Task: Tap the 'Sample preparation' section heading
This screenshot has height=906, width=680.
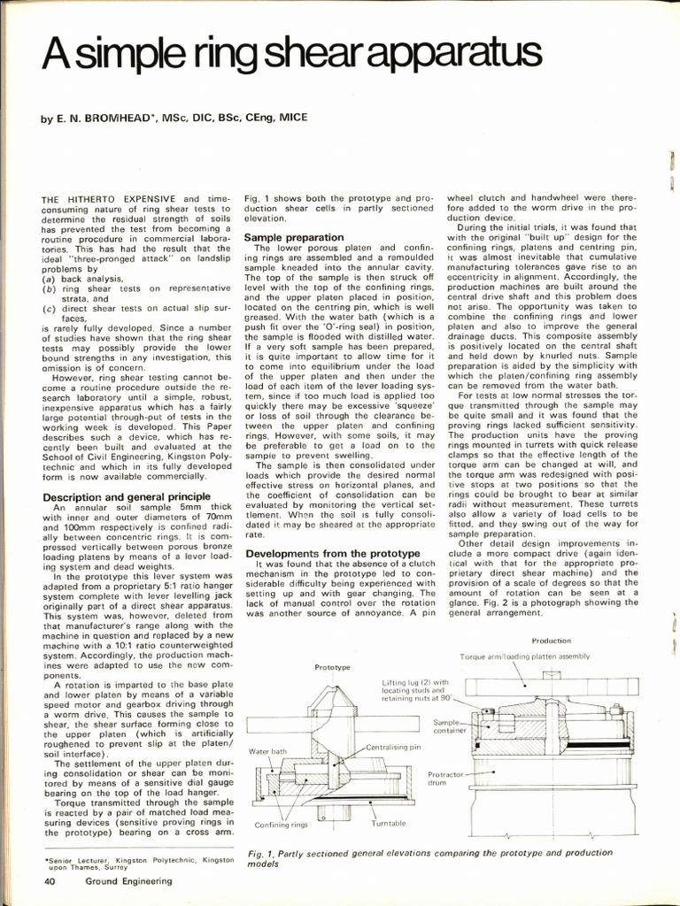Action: point(293,238)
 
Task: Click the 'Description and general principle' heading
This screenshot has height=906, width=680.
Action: point(127,497)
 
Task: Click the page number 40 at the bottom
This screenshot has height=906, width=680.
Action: point(51,880)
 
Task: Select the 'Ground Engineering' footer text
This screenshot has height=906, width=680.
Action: point(129,880)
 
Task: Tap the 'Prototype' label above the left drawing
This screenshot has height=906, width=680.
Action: point(333,666)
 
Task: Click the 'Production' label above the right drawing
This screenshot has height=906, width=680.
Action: point(551,640)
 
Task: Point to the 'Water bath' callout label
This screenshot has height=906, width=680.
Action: point(267,751)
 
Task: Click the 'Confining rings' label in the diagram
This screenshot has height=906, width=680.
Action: point(281,825)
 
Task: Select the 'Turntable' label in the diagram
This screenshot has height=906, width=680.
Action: point(388,823)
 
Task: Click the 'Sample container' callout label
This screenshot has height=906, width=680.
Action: point(449,726)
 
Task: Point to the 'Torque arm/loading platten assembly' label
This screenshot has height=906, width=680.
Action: point(524,656)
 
